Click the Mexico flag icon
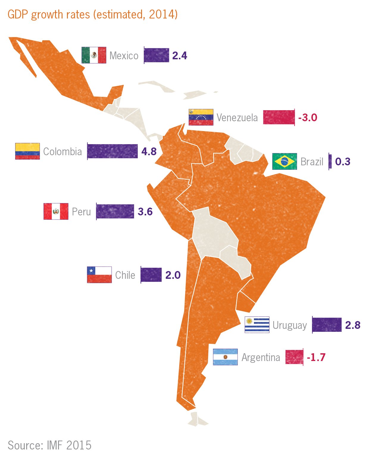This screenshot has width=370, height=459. [94, 55]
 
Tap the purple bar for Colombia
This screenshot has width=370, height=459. [113, 151]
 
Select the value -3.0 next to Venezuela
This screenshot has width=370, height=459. [308, 118]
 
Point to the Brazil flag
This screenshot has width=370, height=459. [285, 161]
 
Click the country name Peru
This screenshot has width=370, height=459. [81, 212]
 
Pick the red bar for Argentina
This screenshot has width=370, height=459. [294, 357]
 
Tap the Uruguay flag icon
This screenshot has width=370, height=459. [257, 325]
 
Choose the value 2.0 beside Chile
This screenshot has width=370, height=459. [173, 275]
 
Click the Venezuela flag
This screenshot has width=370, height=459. [201, 117]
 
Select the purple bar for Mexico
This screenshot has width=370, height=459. [157, 55]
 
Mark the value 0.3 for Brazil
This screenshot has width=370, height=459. [343, 162]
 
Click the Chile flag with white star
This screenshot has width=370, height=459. [99, 275]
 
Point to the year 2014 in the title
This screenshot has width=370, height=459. [162, 14]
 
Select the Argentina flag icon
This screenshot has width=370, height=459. [225, 357]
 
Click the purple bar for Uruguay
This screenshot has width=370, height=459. [327, 325]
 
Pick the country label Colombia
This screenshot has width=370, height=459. [63, 152]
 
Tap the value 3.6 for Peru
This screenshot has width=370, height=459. [145, 212]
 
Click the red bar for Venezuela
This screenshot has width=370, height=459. [279, 117]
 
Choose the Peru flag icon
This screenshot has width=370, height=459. [56, 211]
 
